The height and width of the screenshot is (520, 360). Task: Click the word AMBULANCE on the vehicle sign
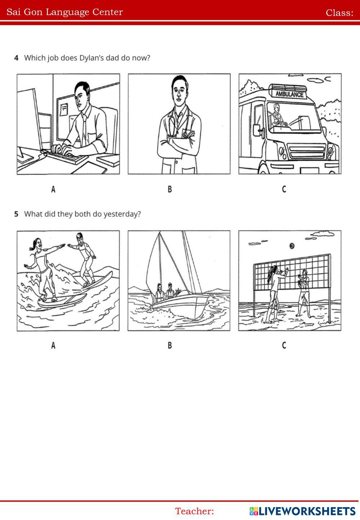pos(289,94)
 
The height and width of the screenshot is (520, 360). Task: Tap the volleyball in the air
pos(292,246)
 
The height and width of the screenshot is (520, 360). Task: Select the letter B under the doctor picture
pos(170,189)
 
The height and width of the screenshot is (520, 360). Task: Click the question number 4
pos(16,58)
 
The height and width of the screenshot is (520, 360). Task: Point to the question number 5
pos(16,214)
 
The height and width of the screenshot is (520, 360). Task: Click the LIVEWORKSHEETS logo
pos(302,511)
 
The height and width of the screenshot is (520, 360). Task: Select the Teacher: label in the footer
pos(194,511)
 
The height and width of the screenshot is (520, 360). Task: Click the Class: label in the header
pos(339,13)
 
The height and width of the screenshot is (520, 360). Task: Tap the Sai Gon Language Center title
pos(65,12)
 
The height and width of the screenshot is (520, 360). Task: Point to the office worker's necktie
pos(84,130)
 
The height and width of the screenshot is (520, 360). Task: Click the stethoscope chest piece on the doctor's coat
pos(185,134)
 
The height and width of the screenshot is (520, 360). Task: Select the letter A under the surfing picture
pos(53,345)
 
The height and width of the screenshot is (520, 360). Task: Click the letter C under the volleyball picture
pos(284,345)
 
